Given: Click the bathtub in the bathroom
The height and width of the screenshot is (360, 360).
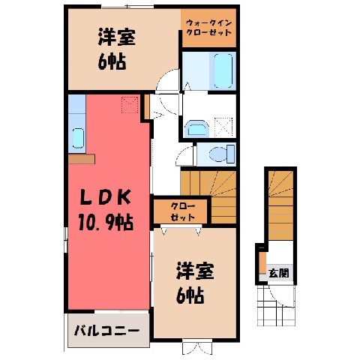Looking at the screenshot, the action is click(x=223, y=70).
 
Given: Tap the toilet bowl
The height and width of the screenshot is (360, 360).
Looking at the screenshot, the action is click(x=222, y=154).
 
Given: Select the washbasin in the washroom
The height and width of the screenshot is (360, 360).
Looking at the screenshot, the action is click(x=196, y=129).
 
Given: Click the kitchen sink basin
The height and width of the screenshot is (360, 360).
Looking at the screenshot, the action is click(x=78, y=138).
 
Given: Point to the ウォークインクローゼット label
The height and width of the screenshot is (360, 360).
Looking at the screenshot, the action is click(x=209, y=28).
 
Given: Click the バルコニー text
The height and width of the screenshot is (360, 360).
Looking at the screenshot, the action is click(x=106, y=331).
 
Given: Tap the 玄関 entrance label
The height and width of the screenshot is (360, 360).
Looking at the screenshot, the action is click(x=278, y=273).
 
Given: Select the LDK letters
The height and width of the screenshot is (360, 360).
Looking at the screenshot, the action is click(x=106, y=197).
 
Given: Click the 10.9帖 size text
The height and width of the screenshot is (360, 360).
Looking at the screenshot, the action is click(x=106, y=222).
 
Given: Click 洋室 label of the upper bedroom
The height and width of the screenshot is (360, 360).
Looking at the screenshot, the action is click(x=117, y=37).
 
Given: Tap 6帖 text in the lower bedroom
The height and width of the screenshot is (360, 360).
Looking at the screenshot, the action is click(x=190, y=295).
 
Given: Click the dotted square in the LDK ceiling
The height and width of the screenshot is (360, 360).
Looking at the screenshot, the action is click(x=130, y=105).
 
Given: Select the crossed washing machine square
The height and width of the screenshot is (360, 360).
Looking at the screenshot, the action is click(x=223, y=127).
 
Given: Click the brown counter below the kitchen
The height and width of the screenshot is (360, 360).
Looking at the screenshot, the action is click(x=82, y=159).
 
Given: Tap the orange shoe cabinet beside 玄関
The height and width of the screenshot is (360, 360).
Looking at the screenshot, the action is click(x=262, y=263).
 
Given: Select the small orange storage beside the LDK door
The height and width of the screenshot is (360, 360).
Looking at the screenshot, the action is click(x=147, y=106).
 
